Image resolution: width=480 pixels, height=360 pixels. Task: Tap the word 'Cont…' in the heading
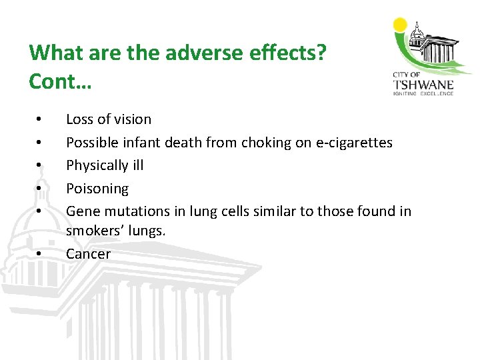click(61, 81)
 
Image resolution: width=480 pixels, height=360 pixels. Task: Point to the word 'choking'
click(267, 142)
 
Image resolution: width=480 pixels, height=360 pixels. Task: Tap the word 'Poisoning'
click(97, 189)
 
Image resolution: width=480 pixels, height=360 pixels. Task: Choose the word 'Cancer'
click(88, 254)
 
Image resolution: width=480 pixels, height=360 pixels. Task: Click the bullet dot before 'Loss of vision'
click(41, 120)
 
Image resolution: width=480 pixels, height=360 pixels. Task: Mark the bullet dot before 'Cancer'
click(41, 255)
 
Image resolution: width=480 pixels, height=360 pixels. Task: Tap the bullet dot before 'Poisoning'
click(41, 189)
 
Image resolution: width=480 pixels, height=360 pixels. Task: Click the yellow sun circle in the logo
click(401, 25)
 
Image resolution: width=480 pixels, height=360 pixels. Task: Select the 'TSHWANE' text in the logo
click(424, 85)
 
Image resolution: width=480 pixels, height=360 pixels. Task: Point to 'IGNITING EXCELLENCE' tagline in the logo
click(424, 93)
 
